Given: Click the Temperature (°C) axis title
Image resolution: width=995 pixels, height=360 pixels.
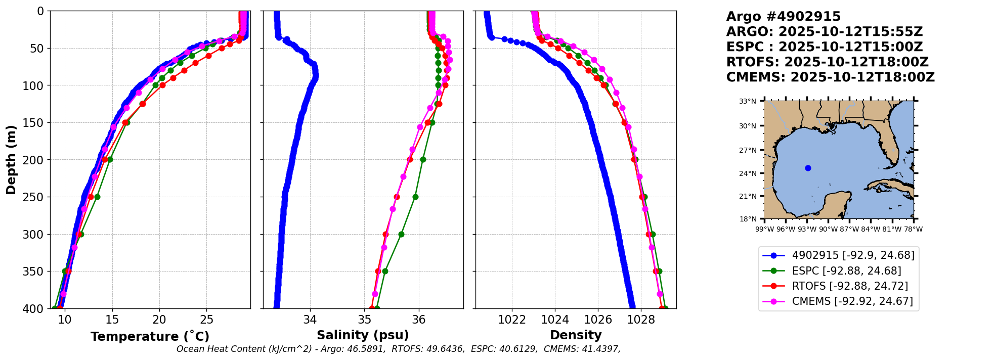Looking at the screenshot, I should [x=150, y=337].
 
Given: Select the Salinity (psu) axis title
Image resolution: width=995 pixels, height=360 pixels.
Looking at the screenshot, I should [x=363, y=335].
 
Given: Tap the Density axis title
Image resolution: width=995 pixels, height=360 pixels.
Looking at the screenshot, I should [x=576, y=335].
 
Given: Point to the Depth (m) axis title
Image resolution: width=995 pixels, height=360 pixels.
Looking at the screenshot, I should [x=11, y=160].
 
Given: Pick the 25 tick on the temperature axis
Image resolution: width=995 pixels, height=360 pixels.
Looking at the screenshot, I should [x=206, y=320].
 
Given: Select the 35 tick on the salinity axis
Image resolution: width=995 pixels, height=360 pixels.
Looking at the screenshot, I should [x=365, y=320].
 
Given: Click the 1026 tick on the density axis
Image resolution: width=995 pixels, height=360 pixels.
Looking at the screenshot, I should [x=598, y=320].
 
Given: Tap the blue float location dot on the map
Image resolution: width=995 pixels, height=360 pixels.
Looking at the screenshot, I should [x=808, y=168].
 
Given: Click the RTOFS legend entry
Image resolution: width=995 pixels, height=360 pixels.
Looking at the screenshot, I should [x=850, y=286].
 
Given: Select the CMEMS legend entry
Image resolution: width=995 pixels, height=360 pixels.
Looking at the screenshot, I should [x=852, y=301].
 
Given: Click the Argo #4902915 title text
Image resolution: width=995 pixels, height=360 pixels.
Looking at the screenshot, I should [x=783, y=17].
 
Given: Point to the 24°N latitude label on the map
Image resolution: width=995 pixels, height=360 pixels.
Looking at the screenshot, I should [x=748, y=173].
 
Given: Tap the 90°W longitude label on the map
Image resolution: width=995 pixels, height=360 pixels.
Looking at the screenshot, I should [x=828, y=229].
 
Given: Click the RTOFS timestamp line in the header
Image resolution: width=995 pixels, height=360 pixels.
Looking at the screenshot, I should [x=827, y=62].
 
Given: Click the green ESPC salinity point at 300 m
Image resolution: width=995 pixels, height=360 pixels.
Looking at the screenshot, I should [x=401, y=234].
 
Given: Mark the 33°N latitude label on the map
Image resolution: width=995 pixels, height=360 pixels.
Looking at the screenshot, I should [x=748, y=101].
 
